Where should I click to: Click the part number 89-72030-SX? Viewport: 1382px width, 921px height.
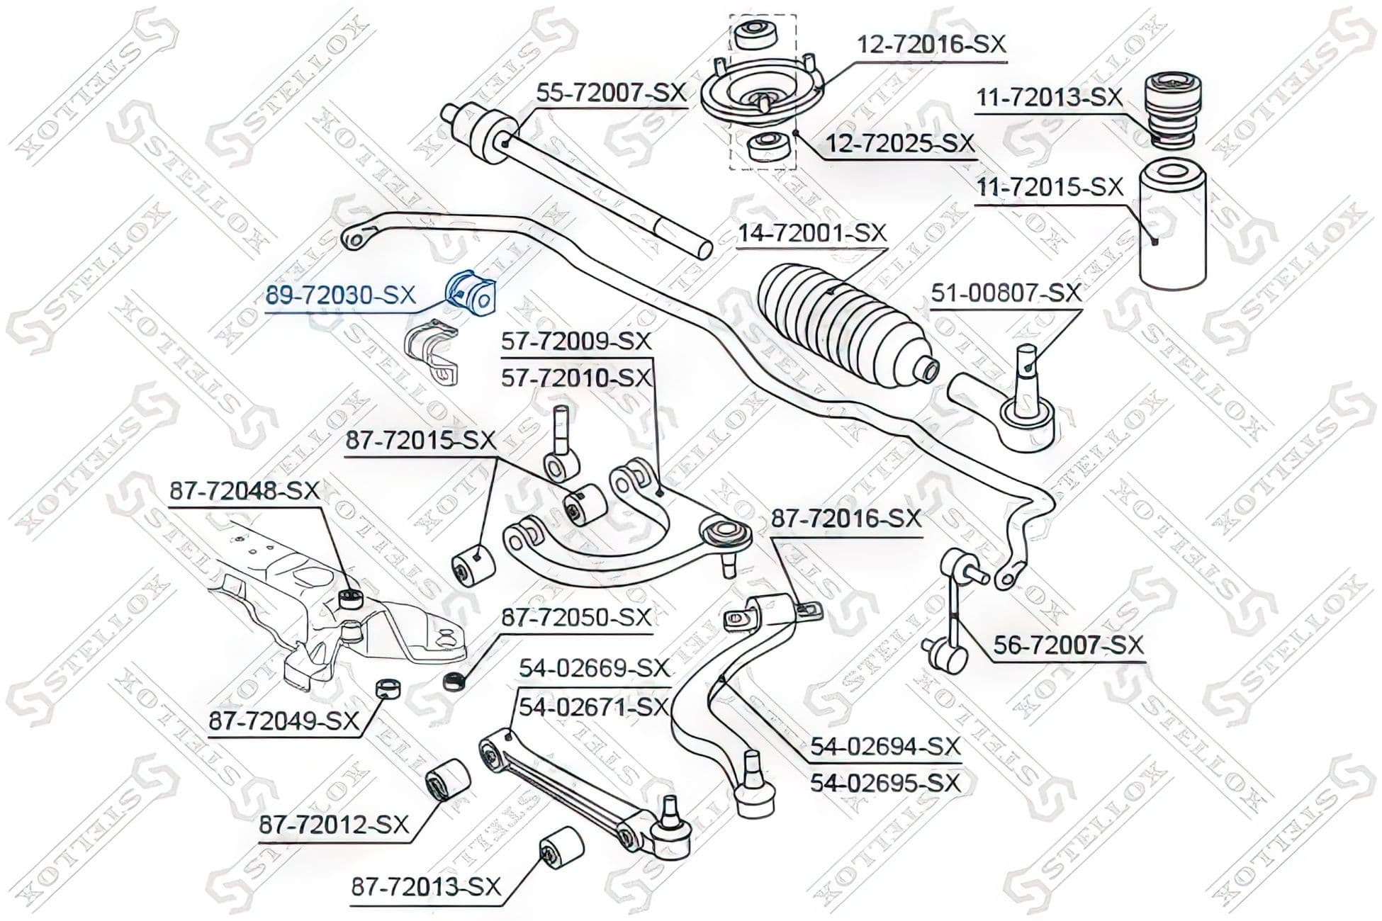point(341,295)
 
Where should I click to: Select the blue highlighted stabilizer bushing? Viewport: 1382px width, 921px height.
point(470,295)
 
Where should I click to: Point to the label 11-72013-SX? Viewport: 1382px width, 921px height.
point(1050,97)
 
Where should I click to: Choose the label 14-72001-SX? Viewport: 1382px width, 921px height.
point(812,233)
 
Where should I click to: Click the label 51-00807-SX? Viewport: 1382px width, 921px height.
point(1006,293)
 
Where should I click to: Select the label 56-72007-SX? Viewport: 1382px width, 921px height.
point(1069,645)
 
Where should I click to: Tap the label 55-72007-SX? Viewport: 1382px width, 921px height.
point(611,93)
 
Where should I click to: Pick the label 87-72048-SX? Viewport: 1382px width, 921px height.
point(245,490)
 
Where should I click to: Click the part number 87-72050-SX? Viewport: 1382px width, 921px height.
point(575,618)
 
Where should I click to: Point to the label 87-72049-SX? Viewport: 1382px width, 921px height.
point(283,722)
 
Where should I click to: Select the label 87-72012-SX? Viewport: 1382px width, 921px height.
point(335,825)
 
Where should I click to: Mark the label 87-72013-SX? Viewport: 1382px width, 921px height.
point(426,887)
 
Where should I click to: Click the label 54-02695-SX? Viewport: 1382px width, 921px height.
point(885,784)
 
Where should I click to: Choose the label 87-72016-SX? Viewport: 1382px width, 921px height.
point(846,519)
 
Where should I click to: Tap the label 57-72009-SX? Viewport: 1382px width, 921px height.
point(575,341)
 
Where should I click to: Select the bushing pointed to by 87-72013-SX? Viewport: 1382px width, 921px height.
point(561,847)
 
